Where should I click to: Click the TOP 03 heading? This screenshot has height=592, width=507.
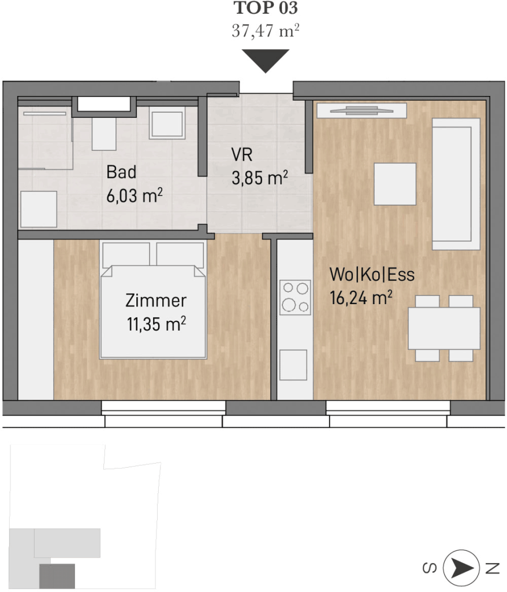click(266, 8)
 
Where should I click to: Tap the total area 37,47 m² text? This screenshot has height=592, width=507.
click(266, 30)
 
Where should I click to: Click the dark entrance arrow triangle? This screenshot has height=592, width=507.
click(266, 61)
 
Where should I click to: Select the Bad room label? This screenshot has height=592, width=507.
click(121, 172)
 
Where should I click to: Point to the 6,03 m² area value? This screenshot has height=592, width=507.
click(135, 195)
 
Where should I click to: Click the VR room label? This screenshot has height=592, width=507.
click(242, 155)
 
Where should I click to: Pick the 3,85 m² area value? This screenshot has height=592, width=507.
click(260, 178)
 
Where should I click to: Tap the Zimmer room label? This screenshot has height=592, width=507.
click(156, 301)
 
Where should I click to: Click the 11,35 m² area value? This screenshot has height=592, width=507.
click(156, 324)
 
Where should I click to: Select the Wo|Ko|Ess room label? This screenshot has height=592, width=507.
click(372, 275)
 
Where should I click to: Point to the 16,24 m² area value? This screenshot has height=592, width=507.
click(361, 298)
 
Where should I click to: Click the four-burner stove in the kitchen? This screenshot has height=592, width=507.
click(295, 297)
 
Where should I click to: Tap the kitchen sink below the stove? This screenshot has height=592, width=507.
click(293, 365)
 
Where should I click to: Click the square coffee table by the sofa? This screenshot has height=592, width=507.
click(395, 184)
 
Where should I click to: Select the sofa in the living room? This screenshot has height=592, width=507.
click(456, 184)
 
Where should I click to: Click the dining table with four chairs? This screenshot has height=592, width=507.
click(444, 328)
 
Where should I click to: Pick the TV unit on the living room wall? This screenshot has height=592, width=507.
click(361, 110)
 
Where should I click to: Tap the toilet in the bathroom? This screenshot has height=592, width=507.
click(104, 132)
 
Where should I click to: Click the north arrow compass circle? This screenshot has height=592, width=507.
click(461, 568)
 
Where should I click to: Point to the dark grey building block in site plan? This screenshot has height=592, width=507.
click(57, 576)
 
